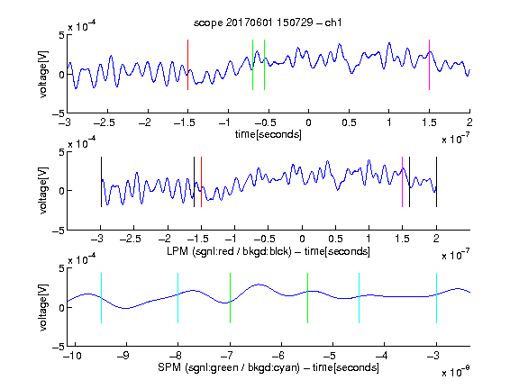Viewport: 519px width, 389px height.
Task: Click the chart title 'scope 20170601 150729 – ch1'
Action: [x=268, y=23]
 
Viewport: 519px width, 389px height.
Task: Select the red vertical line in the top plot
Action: [x=187, y=65]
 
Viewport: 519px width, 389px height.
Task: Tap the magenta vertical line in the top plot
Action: [x=429, y=65]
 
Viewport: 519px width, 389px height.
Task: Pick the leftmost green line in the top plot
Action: [x=252, y=65]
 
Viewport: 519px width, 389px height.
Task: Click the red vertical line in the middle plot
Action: [x=201, y=182]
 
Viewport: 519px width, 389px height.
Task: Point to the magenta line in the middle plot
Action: [x=402, y=182]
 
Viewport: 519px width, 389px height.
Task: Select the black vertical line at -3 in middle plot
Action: [x=101, y=182]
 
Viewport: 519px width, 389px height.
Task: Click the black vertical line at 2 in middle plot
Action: [x=436, y=182]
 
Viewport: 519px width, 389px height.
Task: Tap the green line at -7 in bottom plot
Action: [x=230, y=298]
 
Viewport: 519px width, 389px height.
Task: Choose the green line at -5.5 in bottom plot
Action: [x=307, y=298]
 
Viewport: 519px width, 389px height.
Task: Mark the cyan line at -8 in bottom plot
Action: [x=178, y=298]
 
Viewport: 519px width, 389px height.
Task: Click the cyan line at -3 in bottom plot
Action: [x=436, y=298]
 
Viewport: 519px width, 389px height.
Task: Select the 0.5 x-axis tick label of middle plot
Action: [x=335, y=239]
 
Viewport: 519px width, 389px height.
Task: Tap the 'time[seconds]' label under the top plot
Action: [x=269, y=134]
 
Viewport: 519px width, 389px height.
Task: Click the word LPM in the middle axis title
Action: [x=178, y=251]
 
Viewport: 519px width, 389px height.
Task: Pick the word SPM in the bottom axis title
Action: [x=169, y=367]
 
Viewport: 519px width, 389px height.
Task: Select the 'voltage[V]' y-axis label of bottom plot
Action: [x=43, y=307]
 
